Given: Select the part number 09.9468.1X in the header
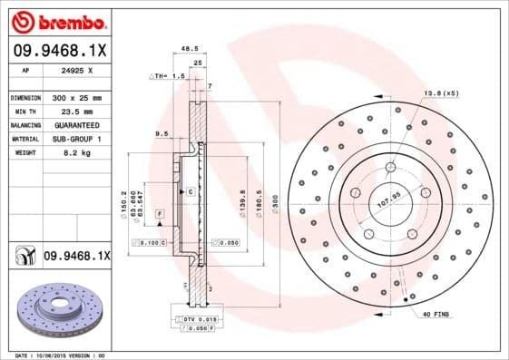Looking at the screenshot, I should click(59, 52).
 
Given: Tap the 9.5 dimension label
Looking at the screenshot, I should click(162, 133).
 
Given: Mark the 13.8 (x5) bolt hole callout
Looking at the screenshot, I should click(441, 93).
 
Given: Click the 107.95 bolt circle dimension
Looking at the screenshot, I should click(387, 203).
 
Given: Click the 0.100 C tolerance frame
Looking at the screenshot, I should click(148, 242).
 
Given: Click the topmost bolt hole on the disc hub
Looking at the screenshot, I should click(390, 166).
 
